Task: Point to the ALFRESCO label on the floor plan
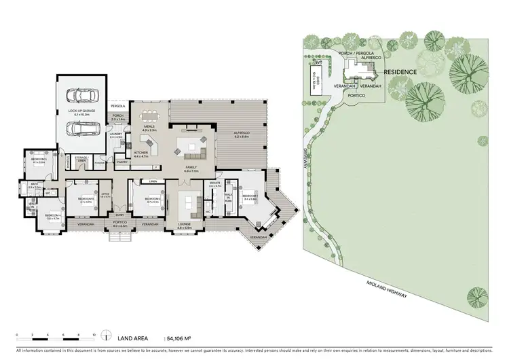242,134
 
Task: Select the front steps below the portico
119,236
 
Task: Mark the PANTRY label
123,162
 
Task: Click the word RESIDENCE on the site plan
400,71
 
